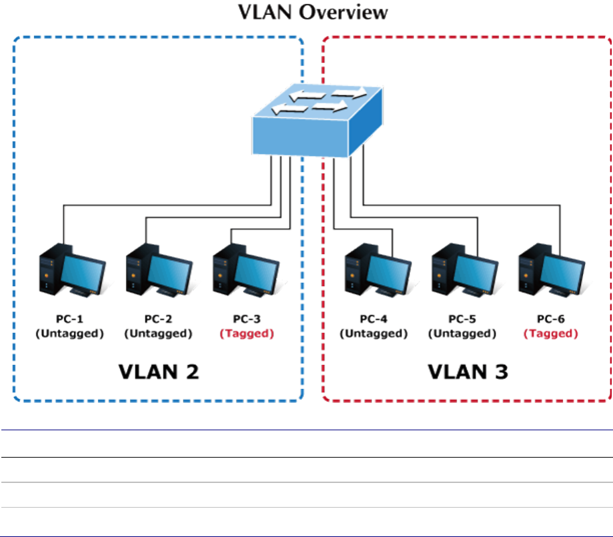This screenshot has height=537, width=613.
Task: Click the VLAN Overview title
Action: click(x=306, y=13)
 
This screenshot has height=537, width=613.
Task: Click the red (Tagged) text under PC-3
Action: click(x=247, y=334)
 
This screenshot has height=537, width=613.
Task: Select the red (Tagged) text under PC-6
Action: click(x=551, y=334)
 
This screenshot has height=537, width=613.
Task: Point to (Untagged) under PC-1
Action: click(x=69, y=334)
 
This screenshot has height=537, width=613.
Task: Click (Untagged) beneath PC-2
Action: click(x=159, y=334)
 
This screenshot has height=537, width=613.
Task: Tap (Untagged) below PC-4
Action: click(x=374, y=334)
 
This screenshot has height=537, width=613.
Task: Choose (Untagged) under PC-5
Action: click(x=462, y=334)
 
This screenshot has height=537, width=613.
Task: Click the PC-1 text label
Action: click(x=69, y=320)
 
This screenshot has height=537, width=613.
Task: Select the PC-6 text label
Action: click(x=551, y=320)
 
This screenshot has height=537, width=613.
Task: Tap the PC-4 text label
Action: click(x=374, y=320)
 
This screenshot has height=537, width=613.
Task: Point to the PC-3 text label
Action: click(x=247, y=320)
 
